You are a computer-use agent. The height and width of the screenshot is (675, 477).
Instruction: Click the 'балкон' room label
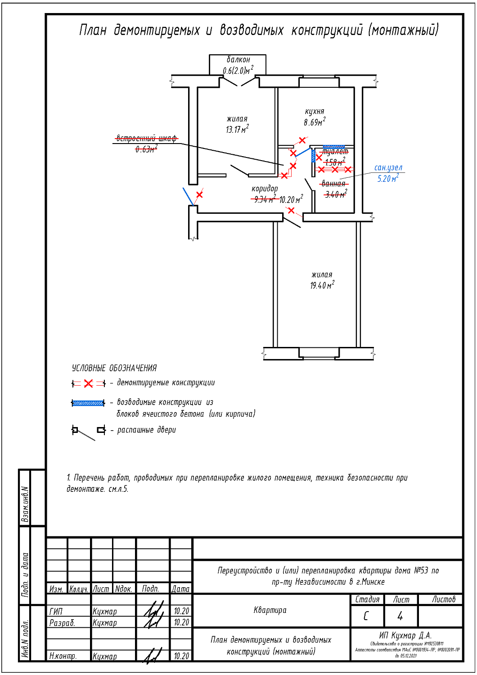238,60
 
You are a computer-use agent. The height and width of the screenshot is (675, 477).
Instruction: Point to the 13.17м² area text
237,130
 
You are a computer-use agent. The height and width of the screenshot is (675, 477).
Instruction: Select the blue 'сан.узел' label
388,168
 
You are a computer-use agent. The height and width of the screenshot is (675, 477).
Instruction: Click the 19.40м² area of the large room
322,285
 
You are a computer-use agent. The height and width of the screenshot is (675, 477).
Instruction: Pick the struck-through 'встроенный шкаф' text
146,138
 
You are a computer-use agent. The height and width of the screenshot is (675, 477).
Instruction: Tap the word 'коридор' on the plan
265,189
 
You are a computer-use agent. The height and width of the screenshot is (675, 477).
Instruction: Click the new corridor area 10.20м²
291,199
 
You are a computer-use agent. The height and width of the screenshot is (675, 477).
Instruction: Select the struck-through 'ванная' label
333,184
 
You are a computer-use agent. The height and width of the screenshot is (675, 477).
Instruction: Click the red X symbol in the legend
89,383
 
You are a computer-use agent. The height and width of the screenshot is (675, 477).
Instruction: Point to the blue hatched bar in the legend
88,403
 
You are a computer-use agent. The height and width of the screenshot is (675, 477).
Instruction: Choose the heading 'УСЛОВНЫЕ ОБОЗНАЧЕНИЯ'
114,368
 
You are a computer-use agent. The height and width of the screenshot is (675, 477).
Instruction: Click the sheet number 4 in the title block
400,616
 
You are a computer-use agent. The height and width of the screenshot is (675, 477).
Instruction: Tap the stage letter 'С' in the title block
366,616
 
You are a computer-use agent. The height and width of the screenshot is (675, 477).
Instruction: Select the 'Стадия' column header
367,599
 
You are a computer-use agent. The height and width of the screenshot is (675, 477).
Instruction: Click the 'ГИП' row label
56,611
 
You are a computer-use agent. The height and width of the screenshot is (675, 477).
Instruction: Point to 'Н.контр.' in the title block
63,656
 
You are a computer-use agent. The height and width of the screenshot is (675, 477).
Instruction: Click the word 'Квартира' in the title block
270,610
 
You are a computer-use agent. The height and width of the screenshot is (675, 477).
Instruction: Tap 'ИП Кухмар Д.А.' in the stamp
405,635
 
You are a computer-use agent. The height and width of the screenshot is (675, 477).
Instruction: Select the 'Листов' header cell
444,599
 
